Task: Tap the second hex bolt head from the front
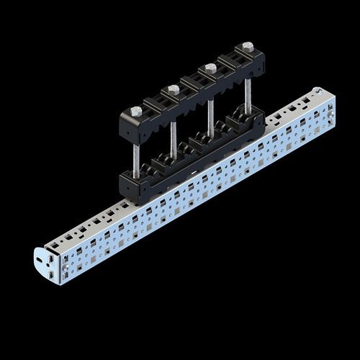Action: pyautogui.click(x=174, y=89)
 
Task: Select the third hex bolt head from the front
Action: pyautogui.click(x=210, y=68)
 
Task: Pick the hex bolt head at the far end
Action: pyautogui.click(x=248, y=47)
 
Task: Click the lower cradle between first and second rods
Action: pyautogui.click(x=155, y=166)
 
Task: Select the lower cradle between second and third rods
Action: pyautogui.click(x=192, y=144)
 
